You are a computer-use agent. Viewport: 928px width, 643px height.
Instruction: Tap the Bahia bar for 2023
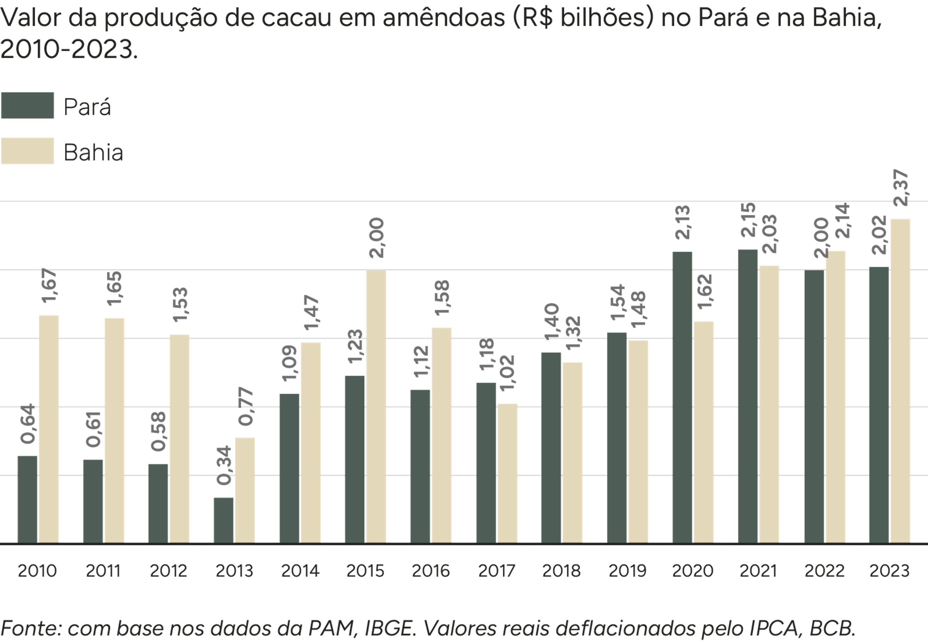click(900, 380)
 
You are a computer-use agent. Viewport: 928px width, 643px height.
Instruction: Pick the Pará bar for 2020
click(682, 397)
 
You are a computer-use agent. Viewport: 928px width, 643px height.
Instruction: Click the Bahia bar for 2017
click(507, 473)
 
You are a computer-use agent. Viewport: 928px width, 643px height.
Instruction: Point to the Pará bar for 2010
click(27, 499)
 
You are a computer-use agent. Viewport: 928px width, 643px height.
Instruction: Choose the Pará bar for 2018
click(551, 447)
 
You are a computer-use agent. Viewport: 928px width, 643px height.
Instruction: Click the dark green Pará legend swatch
click(27, 106)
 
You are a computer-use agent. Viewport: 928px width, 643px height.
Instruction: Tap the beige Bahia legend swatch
click(27, 151)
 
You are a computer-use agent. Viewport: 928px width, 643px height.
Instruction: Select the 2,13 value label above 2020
click(682, 222)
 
